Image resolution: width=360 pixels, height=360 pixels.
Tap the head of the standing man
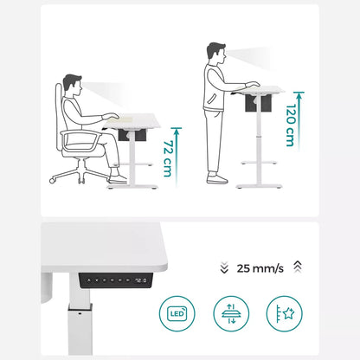pos(215,54)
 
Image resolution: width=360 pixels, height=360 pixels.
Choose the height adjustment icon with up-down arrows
pos(230,312)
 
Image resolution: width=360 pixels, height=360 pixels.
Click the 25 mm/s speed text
pos(259,268)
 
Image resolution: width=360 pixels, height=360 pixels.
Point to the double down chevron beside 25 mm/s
pos(223,268)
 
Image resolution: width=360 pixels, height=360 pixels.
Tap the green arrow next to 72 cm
pos(177,155)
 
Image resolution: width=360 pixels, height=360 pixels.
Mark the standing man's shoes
pos(217,179)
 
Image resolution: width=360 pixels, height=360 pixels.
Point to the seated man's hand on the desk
pos(110,117)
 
